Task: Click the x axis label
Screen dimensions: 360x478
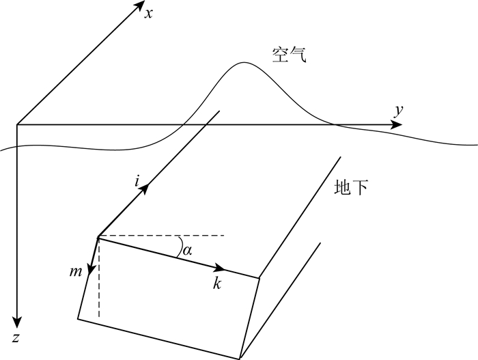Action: pyautogui.click(x=147, y=12)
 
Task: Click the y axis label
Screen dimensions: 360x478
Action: pyautogui.click(x=397, y=109)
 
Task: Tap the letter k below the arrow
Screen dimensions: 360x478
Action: pyautogui.click(x=216, y=284)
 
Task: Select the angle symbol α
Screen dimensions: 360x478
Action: pyautogui.click(x=186, y=251)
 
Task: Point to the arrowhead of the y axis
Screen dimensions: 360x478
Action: pyautogui.click(x=397, y=125)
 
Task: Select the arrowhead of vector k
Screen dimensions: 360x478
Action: pyautogui.click(x=220, y=268)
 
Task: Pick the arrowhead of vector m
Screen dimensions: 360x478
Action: pyautogui.click(x=91, y=271)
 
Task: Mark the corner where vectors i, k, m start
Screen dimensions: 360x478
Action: pyautogui.click(x=99, y=236)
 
